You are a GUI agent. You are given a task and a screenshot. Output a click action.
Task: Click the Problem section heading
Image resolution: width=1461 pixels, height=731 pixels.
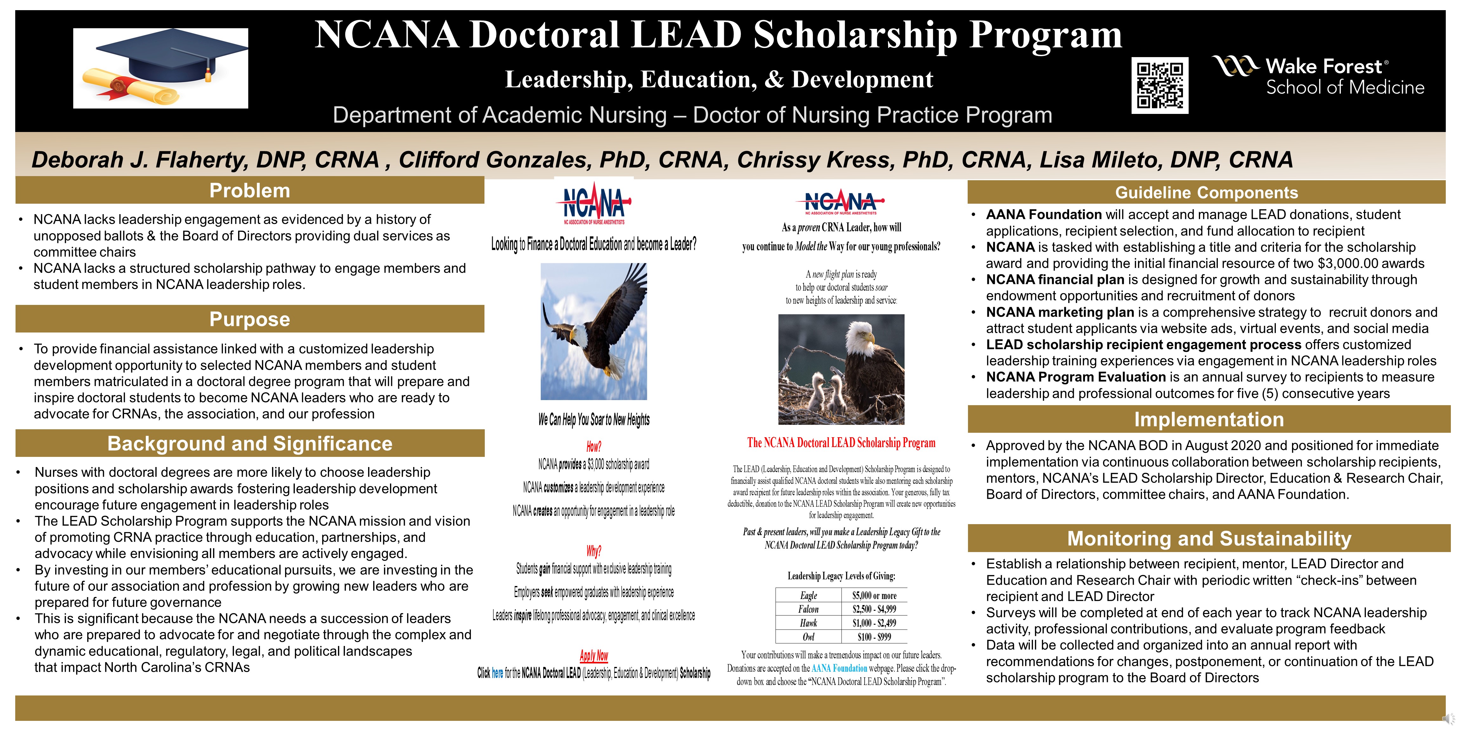click(250, 191)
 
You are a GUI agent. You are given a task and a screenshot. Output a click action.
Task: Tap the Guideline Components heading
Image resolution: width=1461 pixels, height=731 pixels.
click(1206, 192)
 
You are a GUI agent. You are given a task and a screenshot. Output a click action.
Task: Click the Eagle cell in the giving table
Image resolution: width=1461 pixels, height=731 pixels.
click(809, 595)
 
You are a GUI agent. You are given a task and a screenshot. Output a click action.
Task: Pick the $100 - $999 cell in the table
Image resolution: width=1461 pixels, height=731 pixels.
click(874, 637)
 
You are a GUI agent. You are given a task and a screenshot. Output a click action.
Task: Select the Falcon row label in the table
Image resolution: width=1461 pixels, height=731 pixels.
click(809, 609)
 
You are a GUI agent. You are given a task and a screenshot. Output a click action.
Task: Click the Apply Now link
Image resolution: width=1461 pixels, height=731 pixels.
click(594, 655)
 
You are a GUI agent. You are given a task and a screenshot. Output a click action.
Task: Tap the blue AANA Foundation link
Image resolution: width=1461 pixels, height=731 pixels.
click(839, 668)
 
